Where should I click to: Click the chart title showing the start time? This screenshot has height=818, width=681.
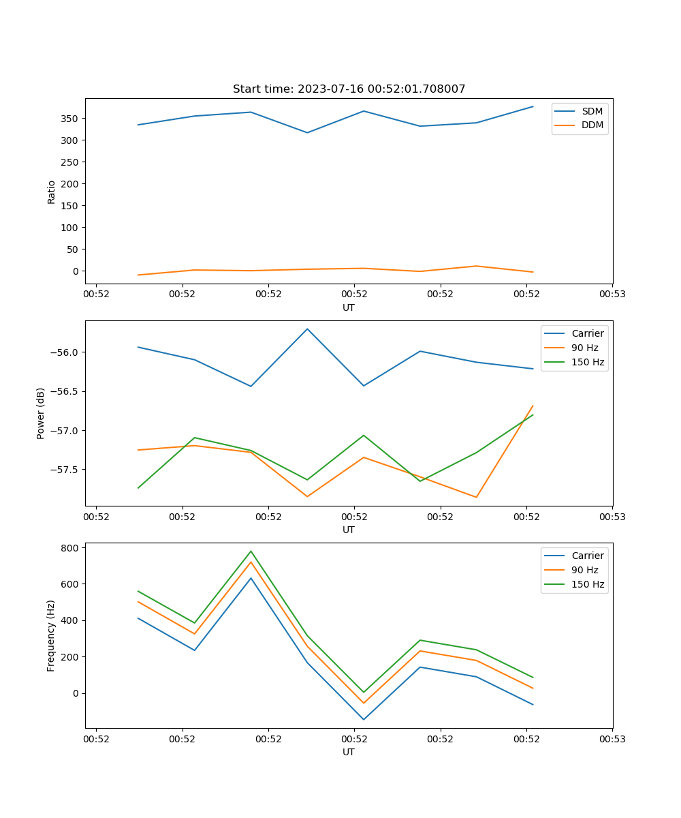pyautogui.click(x=349, y=89)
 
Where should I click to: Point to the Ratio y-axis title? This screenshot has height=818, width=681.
pyautogui.click(x=51, y=192)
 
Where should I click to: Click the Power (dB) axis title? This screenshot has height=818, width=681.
pyautogui.click(x=41, y=413)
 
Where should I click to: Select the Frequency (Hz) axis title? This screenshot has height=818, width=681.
pyautogui.click(x=51, y=635)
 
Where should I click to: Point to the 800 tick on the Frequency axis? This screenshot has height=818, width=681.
pyautogui.click(x=72, y=547)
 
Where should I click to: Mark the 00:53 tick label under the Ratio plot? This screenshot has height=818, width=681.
pyautogui.click(x=612, y=294)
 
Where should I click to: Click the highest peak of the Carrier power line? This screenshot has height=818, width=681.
pyautogui.click(x=307, y=329)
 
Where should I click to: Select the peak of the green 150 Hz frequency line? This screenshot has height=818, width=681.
pyautogui.click(x=251, y=551)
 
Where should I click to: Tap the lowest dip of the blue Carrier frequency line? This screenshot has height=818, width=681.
pyautogui.click(x=364, y=719)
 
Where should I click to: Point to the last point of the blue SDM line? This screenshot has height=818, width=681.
pyautogui.click(x=533, y=106)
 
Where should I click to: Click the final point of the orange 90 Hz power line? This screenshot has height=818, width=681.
pyautogui.click(x=533, y=406)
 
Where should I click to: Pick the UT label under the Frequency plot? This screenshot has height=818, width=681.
pyautogui.click(x=349, y=752)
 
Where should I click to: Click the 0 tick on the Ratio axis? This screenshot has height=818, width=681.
pyautogui.click(x=75, y=271)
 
